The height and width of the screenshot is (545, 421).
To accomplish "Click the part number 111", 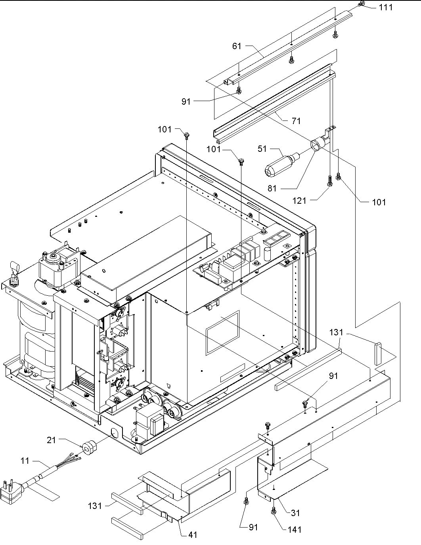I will pyautogui.click(x=385, y=7).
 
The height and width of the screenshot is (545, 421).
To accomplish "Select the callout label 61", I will pyautogui.click(x=237, y=46).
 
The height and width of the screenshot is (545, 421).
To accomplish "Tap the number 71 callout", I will pyautogui.click(x=296, y=121).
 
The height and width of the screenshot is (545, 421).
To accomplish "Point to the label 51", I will pyautogui.click(x=262, y=149).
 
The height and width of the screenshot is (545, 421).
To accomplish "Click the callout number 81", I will pyautogui.click(x=272, y=189).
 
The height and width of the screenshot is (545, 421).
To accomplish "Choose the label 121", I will pyautogui.click(x=299, y=201).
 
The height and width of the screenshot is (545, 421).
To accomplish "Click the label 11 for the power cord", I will pyautogui.click(x=25, y=461).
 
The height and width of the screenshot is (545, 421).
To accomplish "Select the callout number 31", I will pyautogui.click(x=295, y=513).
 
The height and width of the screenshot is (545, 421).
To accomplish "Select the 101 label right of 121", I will pyautogui.click(x=379, y=203).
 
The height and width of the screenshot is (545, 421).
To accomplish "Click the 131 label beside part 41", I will pyautogui.click(x=95, y=506).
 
